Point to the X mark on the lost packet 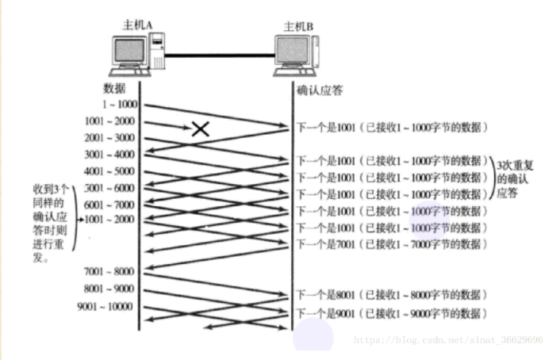coord(201,128)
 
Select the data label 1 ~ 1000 coord(119,105)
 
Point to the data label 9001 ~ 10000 coord(106,307)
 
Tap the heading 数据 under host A coord(114,86)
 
